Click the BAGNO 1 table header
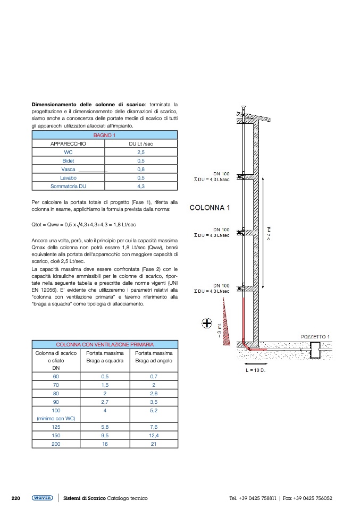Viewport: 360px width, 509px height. pyautogui.click(x=105, y=135)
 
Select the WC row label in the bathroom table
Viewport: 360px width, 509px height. pyautogui.click(x=68, y=152)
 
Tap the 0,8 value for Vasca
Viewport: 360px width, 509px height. pyautogui.click(x=141, y=169)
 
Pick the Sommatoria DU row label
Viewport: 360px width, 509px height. pyautogui.click(x=68, y=186)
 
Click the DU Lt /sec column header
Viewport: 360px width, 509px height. pyautogui.click(x=141, y=144)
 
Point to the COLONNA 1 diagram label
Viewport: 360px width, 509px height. pyautogui.click(x=210, y=208)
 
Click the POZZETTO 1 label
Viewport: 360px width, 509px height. pyautogui.click(x=315, y=337)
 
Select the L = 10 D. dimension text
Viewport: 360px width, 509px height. pyautogui.click(x=255, y=370)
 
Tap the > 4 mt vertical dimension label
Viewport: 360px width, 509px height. pyautogui.click(x=269, y=234)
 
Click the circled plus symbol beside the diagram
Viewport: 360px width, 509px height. pyautogui.click(x=207, y=323)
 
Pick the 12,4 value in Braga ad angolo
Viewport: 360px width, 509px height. pyautogui.click(x=153, y=435)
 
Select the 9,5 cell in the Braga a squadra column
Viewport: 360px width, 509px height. pyautogui.click(x=105, y=435)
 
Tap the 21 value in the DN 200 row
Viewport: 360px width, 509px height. pyautogui.click(x=153, y=444)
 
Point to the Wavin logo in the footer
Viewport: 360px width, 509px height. pyautogui.click(x=42, y=498)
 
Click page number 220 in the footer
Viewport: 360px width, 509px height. pyautogui.click(x=16, y=498)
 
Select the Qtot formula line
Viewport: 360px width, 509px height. pyautogui.click(x=84, y=225)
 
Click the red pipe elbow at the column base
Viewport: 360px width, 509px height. pyautogui.click(x=246, y=347)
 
